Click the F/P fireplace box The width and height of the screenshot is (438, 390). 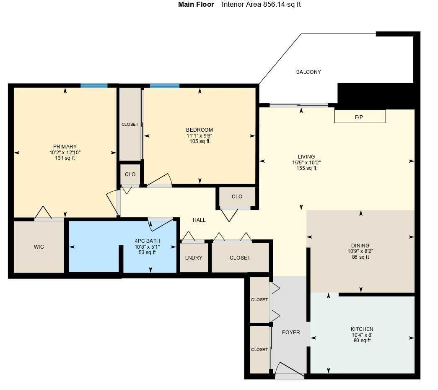click(x=360, y=117)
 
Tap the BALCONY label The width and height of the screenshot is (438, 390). click(x=308, y=72)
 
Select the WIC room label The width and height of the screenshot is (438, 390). click(x=39, y=247)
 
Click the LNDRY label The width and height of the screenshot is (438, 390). click(x=194, y=258)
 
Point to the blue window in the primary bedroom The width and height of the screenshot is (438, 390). click(x=94, y=86)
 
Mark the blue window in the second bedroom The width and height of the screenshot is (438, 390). click(x=164, y=86)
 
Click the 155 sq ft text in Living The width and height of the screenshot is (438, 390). click(x=306, y=168)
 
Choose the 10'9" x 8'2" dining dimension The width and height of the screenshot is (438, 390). click(x=360, y=252)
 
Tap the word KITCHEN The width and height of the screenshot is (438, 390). click(x=362, y=329)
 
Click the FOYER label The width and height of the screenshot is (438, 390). click(x=291, y=333)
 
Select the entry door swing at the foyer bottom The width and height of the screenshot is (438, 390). click(x=289, y=370)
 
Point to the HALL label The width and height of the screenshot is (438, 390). click(x=199, y=220)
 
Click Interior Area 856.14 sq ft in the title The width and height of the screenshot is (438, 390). click(x=261, y=5)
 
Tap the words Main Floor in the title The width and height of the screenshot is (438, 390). click(x=196, y=5)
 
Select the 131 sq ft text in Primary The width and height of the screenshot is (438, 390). click(x=65, y=158)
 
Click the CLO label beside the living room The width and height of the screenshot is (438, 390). click(x=237, y=196)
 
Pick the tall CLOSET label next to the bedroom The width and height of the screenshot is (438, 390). click(x=130, y=125)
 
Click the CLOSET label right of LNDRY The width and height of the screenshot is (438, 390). click(x=240, y=258)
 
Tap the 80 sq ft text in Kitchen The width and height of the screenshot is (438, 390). click(x=362, y=341)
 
